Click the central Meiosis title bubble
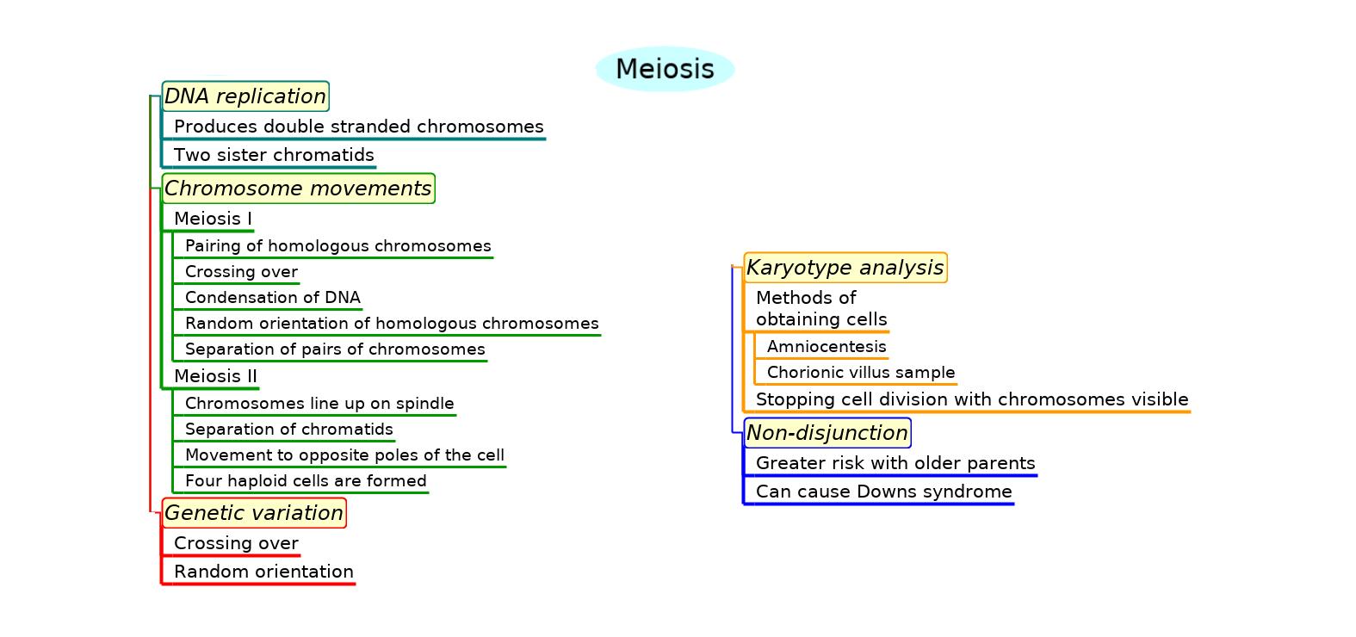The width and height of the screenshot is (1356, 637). pyautogui.click(x=665, y=69)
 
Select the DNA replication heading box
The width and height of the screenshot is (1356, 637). pyautogui.click(x=245, y=96)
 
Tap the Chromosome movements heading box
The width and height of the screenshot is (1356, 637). pyautogui.click(x=298, y=189)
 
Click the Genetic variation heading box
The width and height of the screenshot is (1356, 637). pyautogui.click(x=254, y=513)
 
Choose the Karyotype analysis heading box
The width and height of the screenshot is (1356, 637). pyautogui.click(x=845, y=268)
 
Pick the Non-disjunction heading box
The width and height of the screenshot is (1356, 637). pyautogui.click(x=827, y=433)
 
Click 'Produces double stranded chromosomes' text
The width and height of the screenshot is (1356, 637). pyautogui.click(x=358, y=127)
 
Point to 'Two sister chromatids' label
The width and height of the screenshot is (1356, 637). pyautogui.click(x=274, y=155)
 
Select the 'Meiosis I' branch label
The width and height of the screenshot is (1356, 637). pyautogui.click(x=213, y=219)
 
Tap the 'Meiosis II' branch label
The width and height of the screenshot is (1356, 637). pyautogui.click(x=215, y=376)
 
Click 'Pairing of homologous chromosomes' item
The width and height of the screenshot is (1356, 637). pyautogui.click(x=337, y=246)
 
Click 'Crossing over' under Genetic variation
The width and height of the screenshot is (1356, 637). pyautogui.click(x=236, y=543)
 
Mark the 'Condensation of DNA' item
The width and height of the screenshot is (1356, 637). pyautogui.click(x=272, y=298)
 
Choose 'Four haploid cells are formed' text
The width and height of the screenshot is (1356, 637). pyautogui.click(x=306, y=481)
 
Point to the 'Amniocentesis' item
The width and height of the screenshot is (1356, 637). pyautogui.click(x=827, y=347)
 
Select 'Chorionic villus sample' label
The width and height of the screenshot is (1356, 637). pyautogui.click(x=861, y=373)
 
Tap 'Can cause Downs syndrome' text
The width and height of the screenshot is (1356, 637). pyautogui.click(x=883, y=492)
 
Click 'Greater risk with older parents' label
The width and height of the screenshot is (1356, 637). pyautogui.click(x=895, y=463)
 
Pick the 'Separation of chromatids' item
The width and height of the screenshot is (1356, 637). pyautogui.click(x=288, y=430)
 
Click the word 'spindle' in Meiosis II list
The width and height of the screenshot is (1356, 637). pyautogui.click(x=424, y=404)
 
